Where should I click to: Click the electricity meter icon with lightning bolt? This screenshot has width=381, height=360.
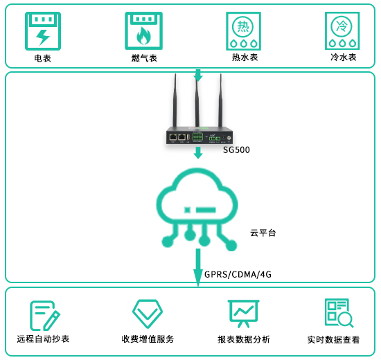tap(43, 31)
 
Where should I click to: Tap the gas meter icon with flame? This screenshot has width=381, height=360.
tap(143, 31)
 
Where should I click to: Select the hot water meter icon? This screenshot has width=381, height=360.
tap(243, 31)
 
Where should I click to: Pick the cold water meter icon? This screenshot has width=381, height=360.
tap(342, 31)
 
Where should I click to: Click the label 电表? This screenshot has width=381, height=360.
tap(42, 58)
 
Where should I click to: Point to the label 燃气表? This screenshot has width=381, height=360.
tap(144, 58)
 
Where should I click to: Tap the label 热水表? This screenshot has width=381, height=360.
tap(245, 57)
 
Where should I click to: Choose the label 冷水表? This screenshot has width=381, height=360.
tap(344, 57)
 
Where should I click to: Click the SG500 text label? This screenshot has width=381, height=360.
tap(236, 150)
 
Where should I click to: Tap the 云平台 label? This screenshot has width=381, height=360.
tap(263, 233)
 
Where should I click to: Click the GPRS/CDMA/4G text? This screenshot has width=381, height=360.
tap(238, 274)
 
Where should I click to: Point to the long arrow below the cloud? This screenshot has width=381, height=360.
tap(198, 267)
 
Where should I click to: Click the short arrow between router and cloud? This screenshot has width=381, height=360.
tap(198, 153)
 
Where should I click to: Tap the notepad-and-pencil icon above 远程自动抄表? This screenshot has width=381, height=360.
tap(45, 316)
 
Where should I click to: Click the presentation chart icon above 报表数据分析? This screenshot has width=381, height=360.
tap(243, 314)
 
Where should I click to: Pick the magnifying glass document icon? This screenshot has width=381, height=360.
tap(339, 313)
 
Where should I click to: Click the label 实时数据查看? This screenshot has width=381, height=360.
tap(333, 340)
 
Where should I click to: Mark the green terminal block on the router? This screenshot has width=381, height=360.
tap(197, 136)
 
